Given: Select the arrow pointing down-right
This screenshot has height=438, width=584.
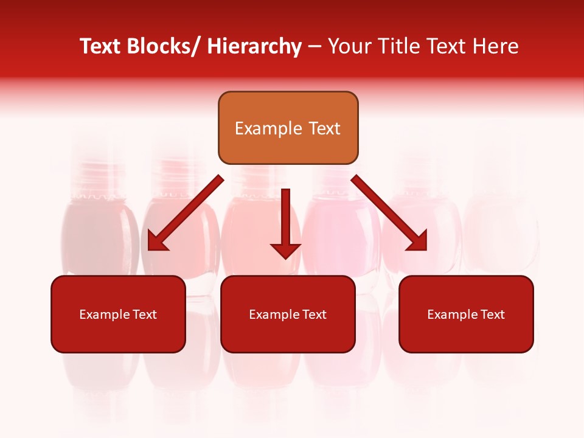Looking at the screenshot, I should [x=389, y=213].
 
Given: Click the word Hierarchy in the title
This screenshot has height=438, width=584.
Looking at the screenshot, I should [x=254, y=46].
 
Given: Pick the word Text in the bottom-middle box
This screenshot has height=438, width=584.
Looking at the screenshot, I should [x=314, y=315].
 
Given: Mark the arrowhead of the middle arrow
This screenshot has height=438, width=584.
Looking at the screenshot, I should [x=285, y=250].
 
